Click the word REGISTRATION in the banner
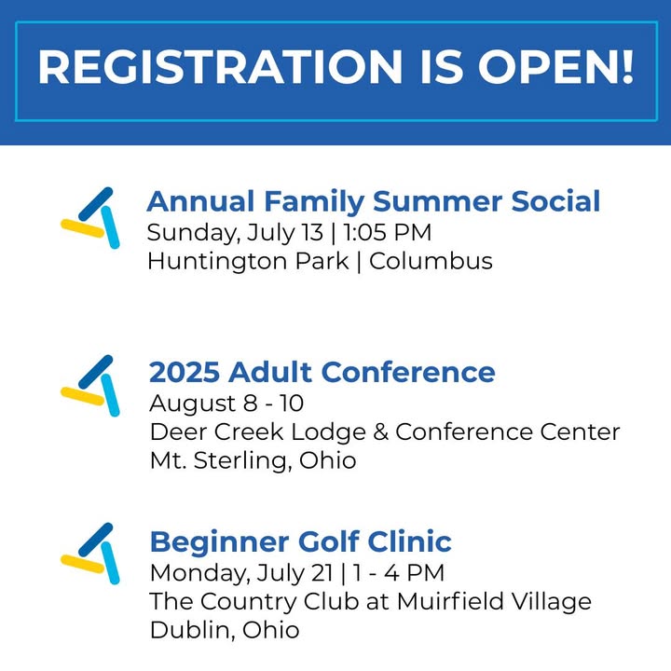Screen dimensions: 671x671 (x=220, y=67)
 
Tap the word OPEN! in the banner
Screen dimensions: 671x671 (x=555, y=67)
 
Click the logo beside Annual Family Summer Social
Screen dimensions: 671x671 (x=90, y=218)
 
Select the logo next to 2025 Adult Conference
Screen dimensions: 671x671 (x=90, y=386)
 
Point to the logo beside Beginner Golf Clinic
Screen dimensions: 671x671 (x=90, y=554)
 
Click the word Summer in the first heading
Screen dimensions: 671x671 (x=437, y=201)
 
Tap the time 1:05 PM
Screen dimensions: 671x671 (x=388, y=232)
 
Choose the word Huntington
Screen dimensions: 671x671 (x=217, y=262)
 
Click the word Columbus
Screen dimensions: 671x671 (x=431, y=261)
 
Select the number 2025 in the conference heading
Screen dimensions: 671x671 (x=185, y=372)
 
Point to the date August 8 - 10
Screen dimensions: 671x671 (x=226, y=404)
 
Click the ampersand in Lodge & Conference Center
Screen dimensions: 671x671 (x=380, y=431)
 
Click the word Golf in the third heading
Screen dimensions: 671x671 (x=329, y=541)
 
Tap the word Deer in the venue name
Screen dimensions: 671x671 (x=178, y=431)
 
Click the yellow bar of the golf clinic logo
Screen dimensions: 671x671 (x=83, y=564)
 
